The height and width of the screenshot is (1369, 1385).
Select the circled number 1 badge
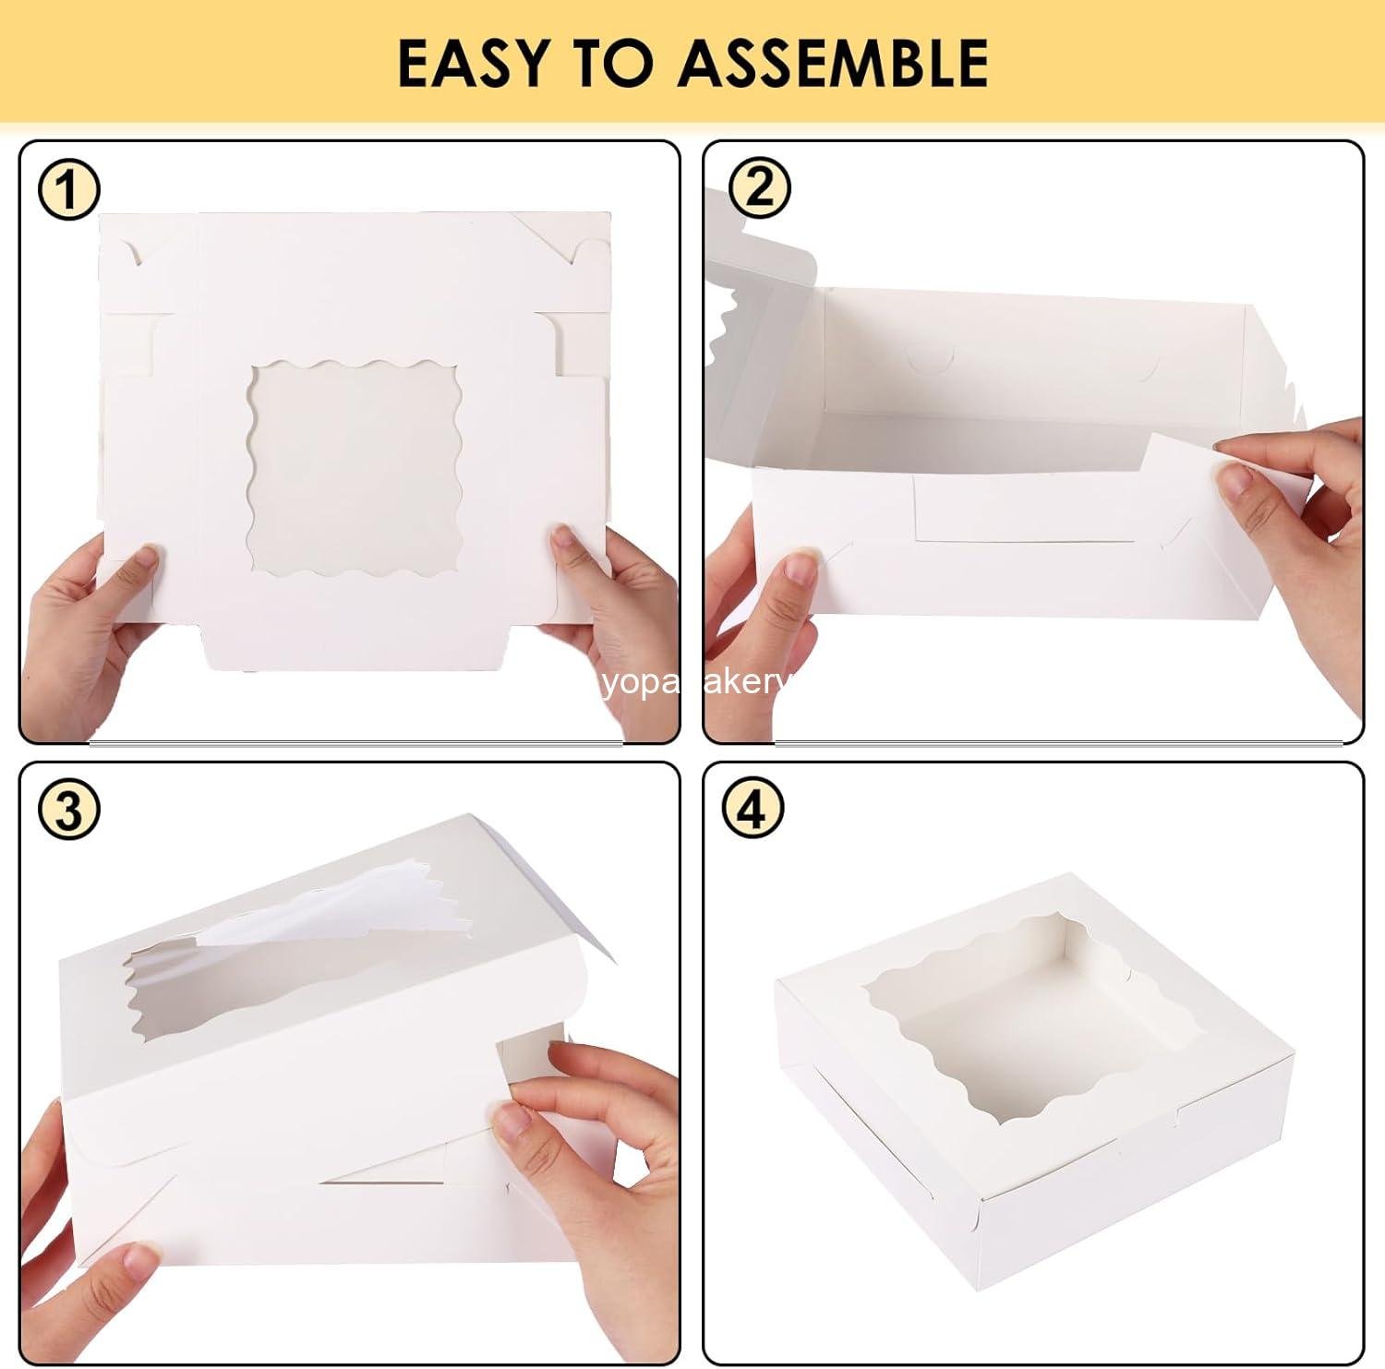point(67,191)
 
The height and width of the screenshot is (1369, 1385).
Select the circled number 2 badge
point(759,187)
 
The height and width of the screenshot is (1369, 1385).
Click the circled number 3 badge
point(68,811)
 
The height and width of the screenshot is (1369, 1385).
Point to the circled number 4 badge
point(753,809)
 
